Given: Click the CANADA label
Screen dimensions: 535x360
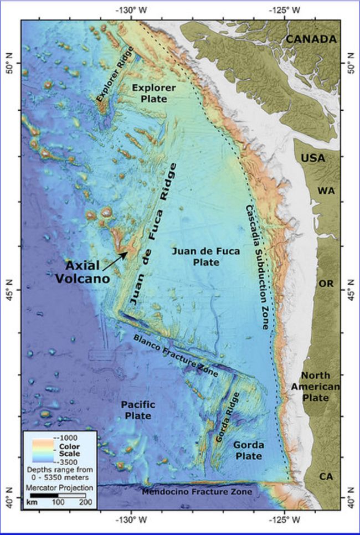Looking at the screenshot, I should tap(310, 39).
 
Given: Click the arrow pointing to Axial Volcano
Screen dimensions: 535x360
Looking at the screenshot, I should tap(117, 258).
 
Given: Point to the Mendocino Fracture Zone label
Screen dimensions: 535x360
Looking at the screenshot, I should tap(197, 492).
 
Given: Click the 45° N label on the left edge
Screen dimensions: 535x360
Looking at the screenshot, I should tap(9, 290).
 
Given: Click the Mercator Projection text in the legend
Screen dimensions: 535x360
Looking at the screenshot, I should tap(59, 488).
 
